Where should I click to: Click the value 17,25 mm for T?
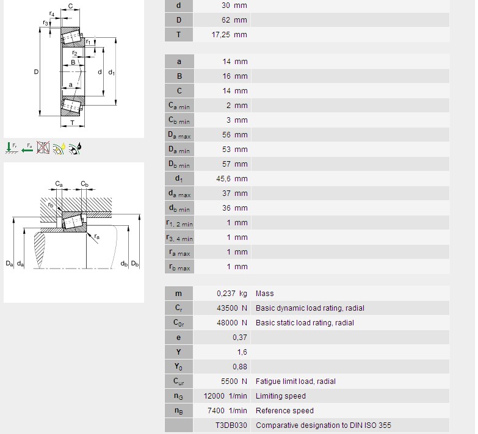[x=230, y=35]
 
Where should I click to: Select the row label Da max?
[x=179, y=135]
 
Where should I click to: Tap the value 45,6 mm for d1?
[x=232, y=179]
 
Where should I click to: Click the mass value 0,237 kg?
[x=232, y=294]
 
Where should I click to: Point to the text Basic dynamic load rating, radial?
[x=310, y=308]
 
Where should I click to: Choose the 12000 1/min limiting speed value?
[x=225, y=396]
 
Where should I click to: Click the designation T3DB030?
[x=231, y=425]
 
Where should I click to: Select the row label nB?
[x=179, y=411]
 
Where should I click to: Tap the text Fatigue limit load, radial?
[x=295, y=382]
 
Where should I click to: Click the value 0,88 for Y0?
[x=240, y=367]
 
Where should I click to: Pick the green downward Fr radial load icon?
[x=11, y=148]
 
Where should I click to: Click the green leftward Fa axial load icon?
[x=27, y=148]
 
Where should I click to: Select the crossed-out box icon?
[x=43, y=148]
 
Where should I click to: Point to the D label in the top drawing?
[x=36, y=72]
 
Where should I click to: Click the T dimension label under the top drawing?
[x=72, y=123]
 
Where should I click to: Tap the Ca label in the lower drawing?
[x=59, y=184]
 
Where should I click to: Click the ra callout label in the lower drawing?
[x=97, y=236]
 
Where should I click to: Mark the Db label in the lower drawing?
[x=135, y=264]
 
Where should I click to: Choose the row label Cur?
[x=179, y=382]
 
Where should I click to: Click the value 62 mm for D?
[x=234, y=20]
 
